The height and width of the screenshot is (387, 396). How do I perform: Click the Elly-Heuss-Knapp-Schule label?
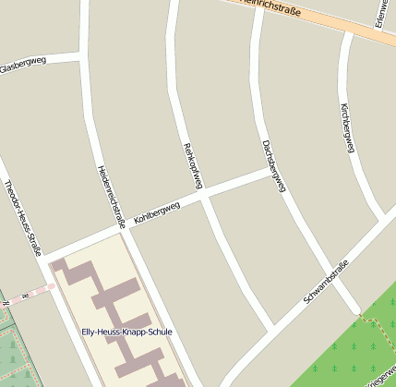click(x=126, y=332)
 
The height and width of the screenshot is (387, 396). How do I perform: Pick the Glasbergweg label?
click(x=22, y=65)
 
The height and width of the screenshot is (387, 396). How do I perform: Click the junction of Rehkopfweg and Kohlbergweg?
click(x=202, y=196)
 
